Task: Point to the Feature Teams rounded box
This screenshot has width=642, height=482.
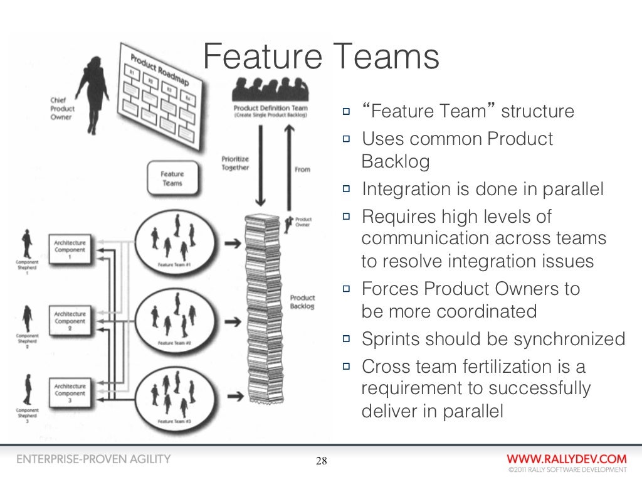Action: click(x=172, y=178)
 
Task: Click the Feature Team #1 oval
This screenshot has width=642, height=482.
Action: click(x=174, y=241)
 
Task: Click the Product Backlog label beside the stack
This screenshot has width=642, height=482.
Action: click(x=302, y=302)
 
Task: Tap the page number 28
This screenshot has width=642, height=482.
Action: click(x=321, y=463)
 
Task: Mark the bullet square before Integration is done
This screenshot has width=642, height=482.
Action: click(x=347, y=190)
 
